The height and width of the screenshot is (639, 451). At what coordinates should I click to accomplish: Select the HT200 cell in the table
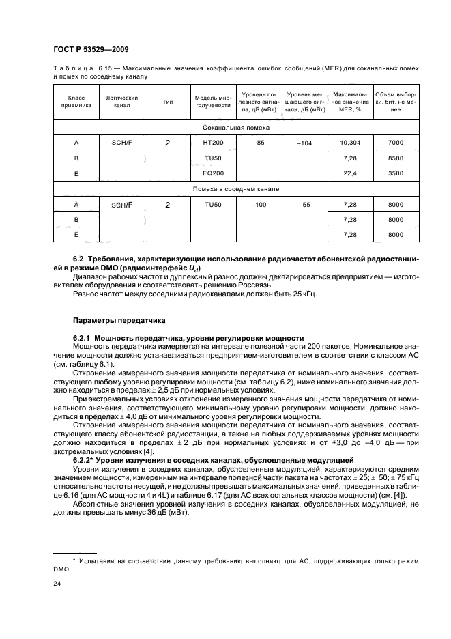[214, 143]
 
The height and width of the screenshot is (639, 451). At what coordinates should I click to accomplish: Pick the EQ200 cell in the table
[214, 173]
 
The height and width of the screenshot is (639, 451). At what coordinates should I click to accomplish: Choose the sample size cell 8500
[395, 158]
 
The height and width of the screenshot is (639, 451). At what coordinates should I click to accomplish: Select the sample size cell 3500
[395, 173]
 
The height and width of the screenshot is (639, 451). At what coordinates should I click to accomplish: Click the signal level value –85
[258, 142]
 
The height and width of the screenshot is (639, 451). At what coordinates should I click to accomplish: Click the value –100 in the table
[258, 204]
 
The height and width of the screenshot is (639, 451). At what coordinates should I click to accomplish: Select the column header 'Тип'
[167, 102]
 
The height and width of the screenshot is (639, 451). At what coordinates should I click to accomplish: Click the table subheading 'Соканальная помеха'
[236, 128]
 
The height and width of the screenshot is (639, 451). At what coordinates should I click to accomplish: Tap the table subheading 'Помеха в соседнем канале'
[236, 188]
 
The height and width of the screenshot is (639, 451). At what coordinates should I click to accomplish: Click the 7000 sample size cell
[395, 143]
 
